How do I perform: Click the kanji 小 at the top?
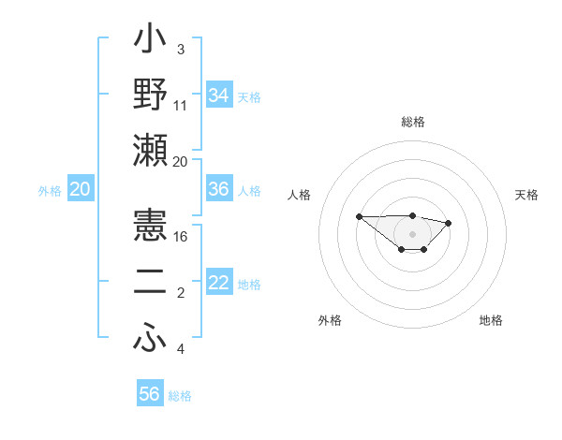[150, 42]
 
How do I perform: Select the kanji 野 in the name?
[150, 95]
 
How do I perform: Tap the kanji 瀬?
[150, 150]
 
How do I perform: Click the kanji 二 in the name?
[150, 283]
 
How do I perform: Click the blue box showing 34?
[219, 95]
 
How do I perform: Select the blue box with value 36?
[219, 189]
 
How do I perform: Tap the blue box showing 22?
[219, 283]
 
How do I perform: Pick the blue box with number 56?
[150, 394]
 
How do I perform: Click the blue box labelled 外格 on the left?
[80, 189]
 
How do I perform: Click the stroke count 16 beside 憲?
[181, 238]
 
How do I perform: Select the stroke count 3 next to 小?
[180, 49]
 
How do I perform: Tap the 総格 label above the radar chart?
[412, 122]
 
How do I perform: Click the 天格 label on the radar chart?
[527, 195]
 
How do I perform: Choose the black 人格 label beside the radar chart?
[299, 195]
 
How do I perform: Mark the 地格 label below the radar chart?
[491, 320]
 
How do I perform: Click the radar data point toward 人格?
[360, 216]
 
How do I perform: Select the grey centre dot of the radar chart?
[412, 233]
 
